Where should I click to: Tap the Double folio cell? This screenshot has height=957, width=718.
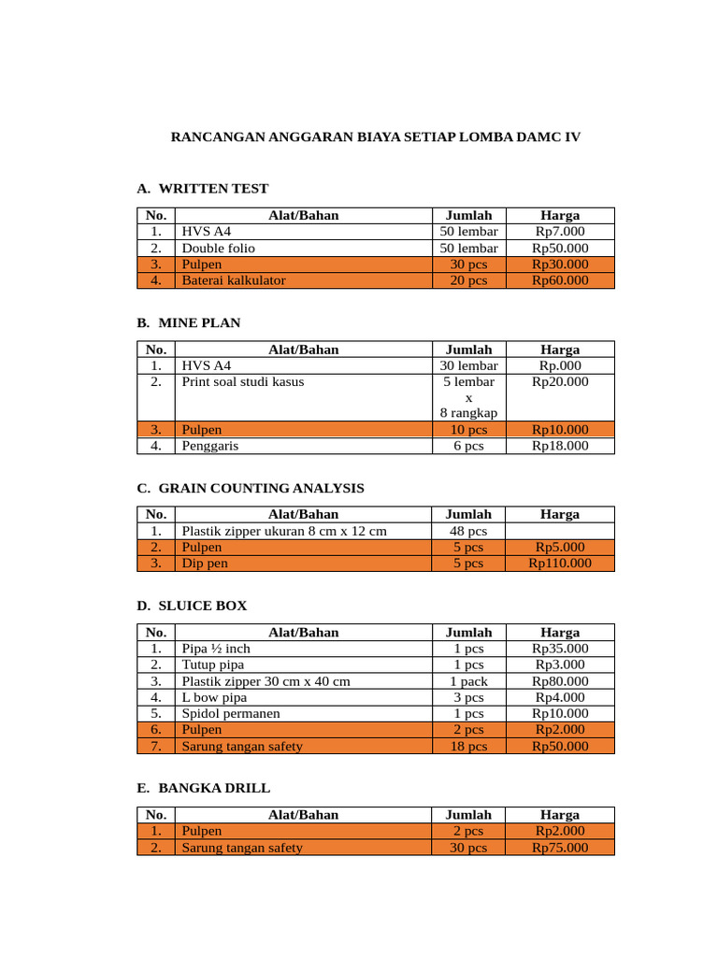point(218,248)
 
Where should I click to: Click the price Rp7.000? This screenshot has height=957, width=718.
point(560,232)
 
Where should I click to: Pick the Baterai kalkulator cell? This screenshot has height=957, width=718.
point(234,279)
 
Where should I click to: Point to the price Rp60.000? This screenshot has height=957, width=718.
point(560,279)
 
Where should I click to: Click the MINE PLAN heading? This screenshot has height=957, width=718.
point(199,322)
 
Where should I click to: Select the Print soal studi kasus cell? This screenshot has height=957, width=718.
point(242,381)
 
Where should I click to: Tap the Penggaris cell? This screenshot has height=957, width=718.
point(209,446)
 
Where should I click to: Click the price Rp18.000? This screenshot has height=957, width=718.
point(560,446)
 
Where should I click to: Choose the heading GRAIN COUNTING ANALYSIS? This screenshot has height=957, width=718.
point(261,488)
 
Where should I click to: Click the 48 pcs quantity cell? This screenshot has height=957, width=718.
point(468,531)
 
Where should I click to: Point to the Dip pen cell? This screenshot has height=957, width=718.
point(205,564)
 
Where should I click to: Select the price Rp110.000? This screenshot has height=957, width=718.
point(560,564)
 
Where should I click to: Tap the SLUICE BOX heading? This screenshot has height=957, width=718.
point(203,606)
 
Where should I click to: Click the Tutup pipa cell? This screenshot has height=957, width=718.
point(213,664)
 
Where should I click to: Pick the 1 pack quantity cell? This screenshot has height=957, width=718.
point(468,681)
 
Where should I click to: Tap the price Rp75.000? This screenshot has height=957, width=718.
point(560,848)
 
